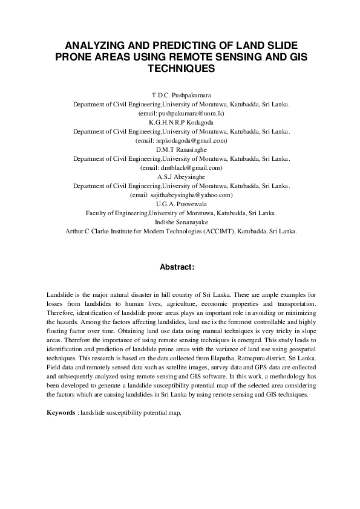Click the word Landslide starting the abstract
[x=59, y=294]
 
